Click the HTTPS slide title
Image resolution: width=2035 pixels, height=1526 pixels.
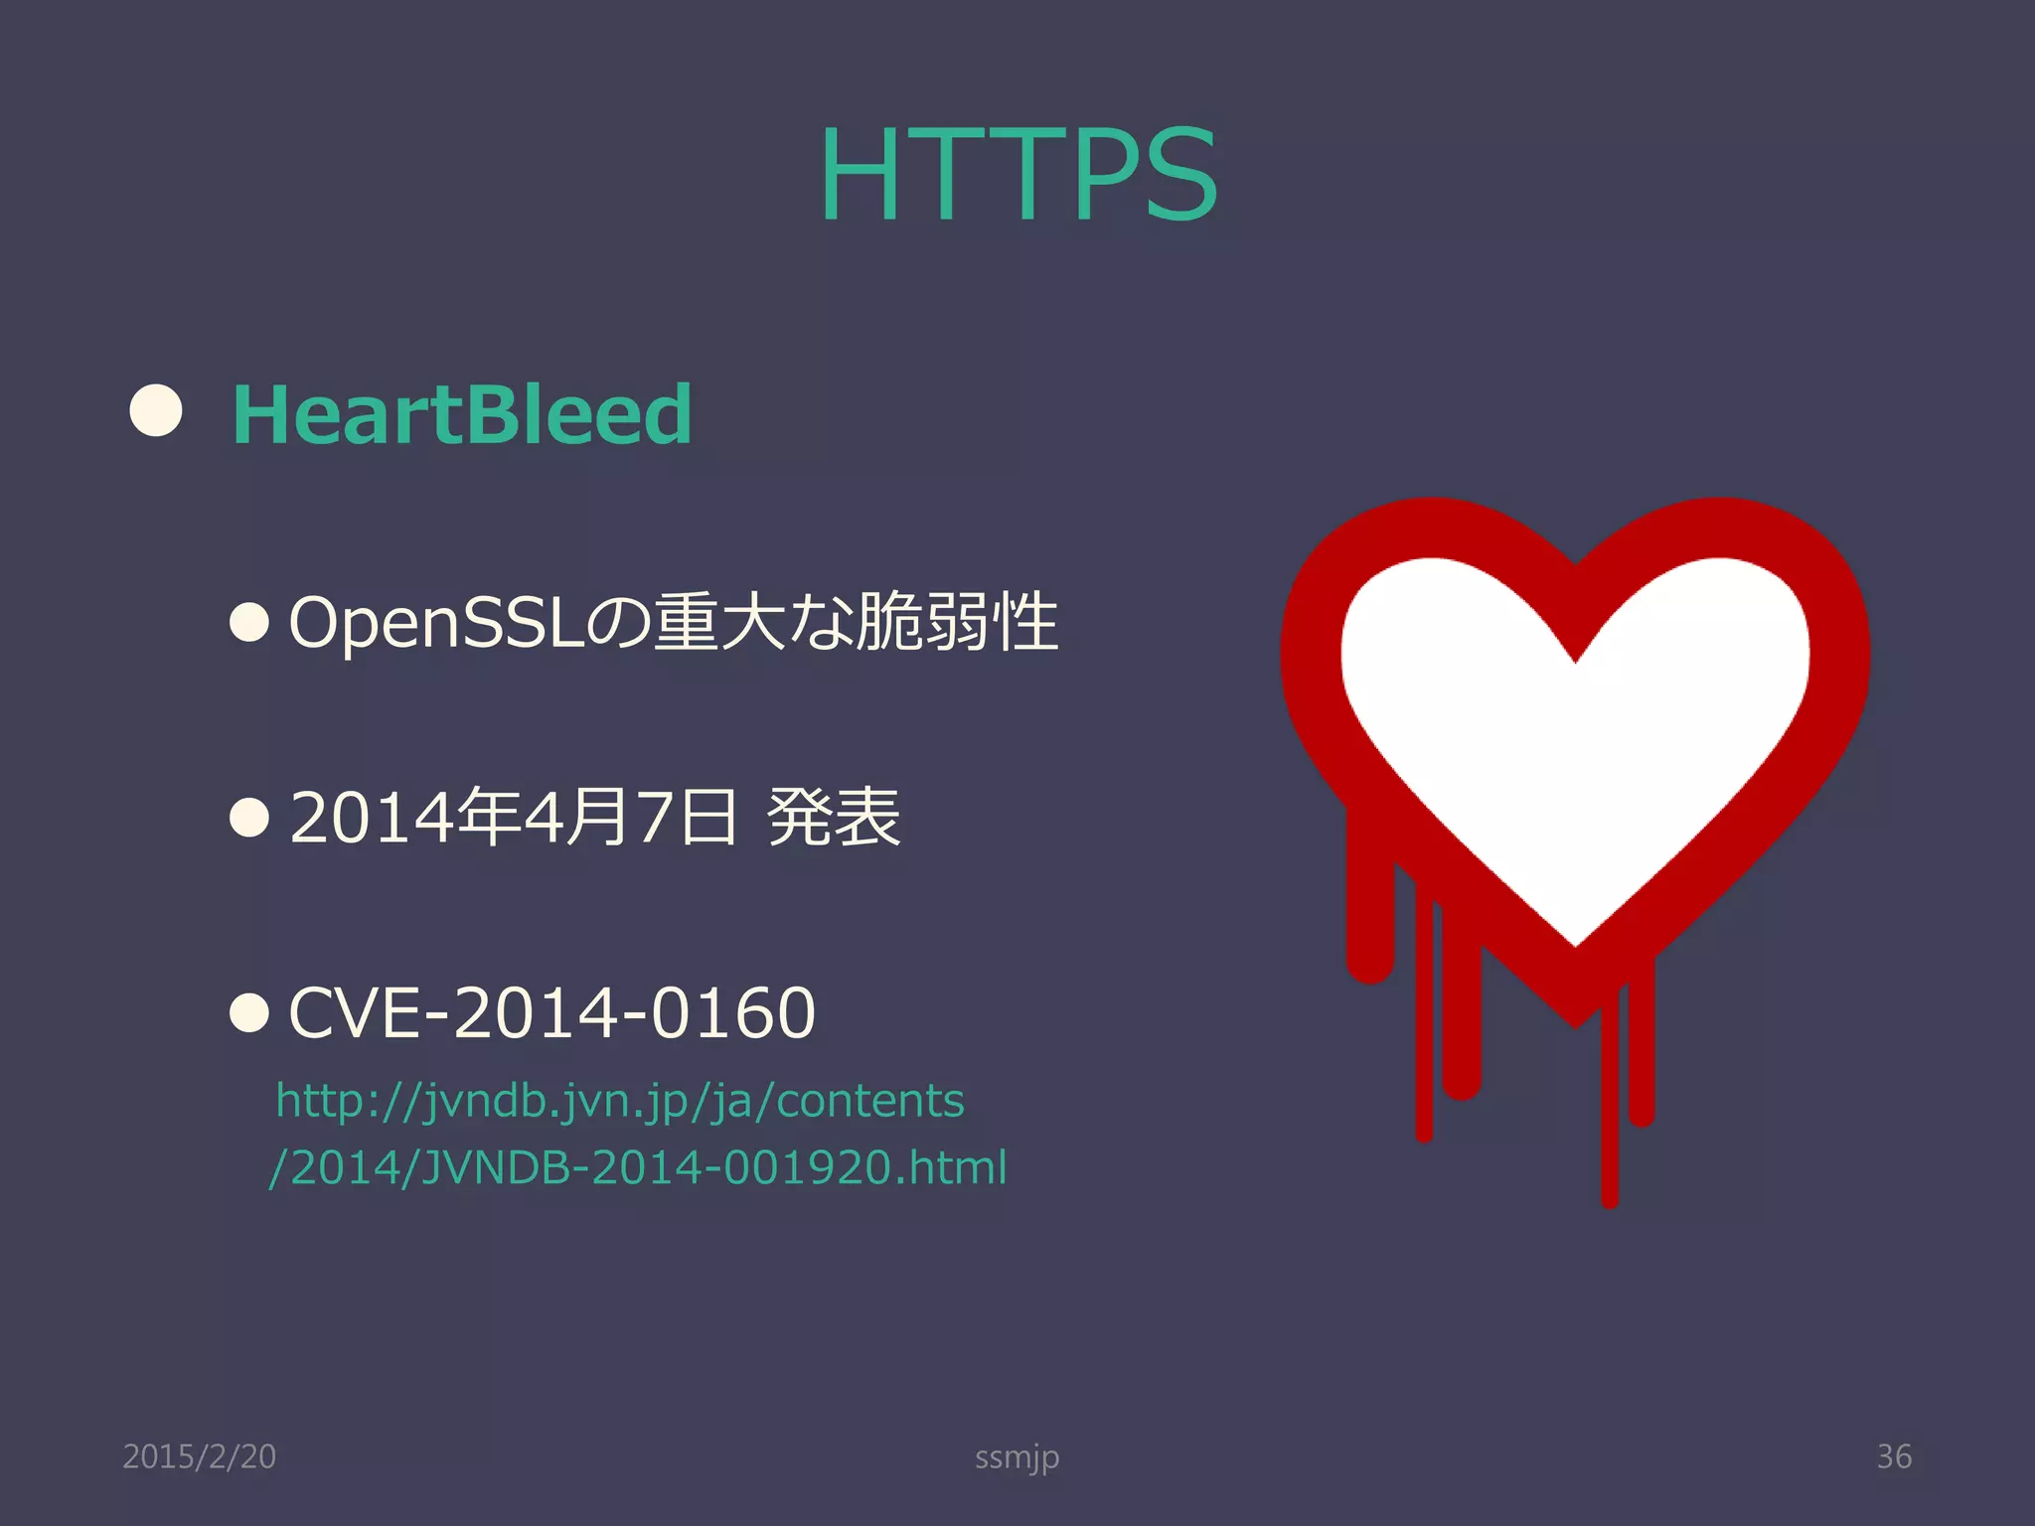(x=1017, y=176)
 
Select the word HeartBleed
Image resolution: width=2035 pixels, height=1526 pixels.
(x=461, y=414)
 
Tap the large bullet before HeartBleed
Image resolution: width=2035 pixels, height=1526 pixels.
(x=156, y=410)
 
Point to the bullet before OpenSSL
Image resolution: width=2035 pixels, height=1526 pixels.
(x=248, y=623)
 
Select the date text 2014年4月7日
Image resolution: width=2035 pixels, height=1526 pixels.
(x=513, y=818)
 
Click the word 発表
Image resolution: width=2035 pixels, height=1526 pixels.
(x=834, y=818)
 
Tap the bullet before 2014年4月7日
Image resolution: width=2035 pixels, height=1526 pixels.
(x=248, y=818)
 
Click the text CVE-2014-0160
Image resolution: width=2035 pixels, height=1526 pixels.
(x=551, y=1013)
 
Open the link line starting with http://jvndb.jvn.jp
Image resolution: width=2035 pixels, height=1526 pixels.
(x=620, y=1101)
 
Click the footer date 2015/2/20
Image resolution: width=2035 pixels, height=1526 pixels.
(x=199, y=1456)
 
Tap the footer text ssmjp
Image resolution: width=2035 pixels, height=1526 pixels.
(x=1017, y=1457)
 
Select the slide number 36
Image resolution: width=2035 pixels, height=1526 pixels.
(x=1894, y=1456)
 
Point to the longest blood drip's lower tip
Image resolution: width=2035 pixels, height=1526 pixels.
(x=1610, y=1197)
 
